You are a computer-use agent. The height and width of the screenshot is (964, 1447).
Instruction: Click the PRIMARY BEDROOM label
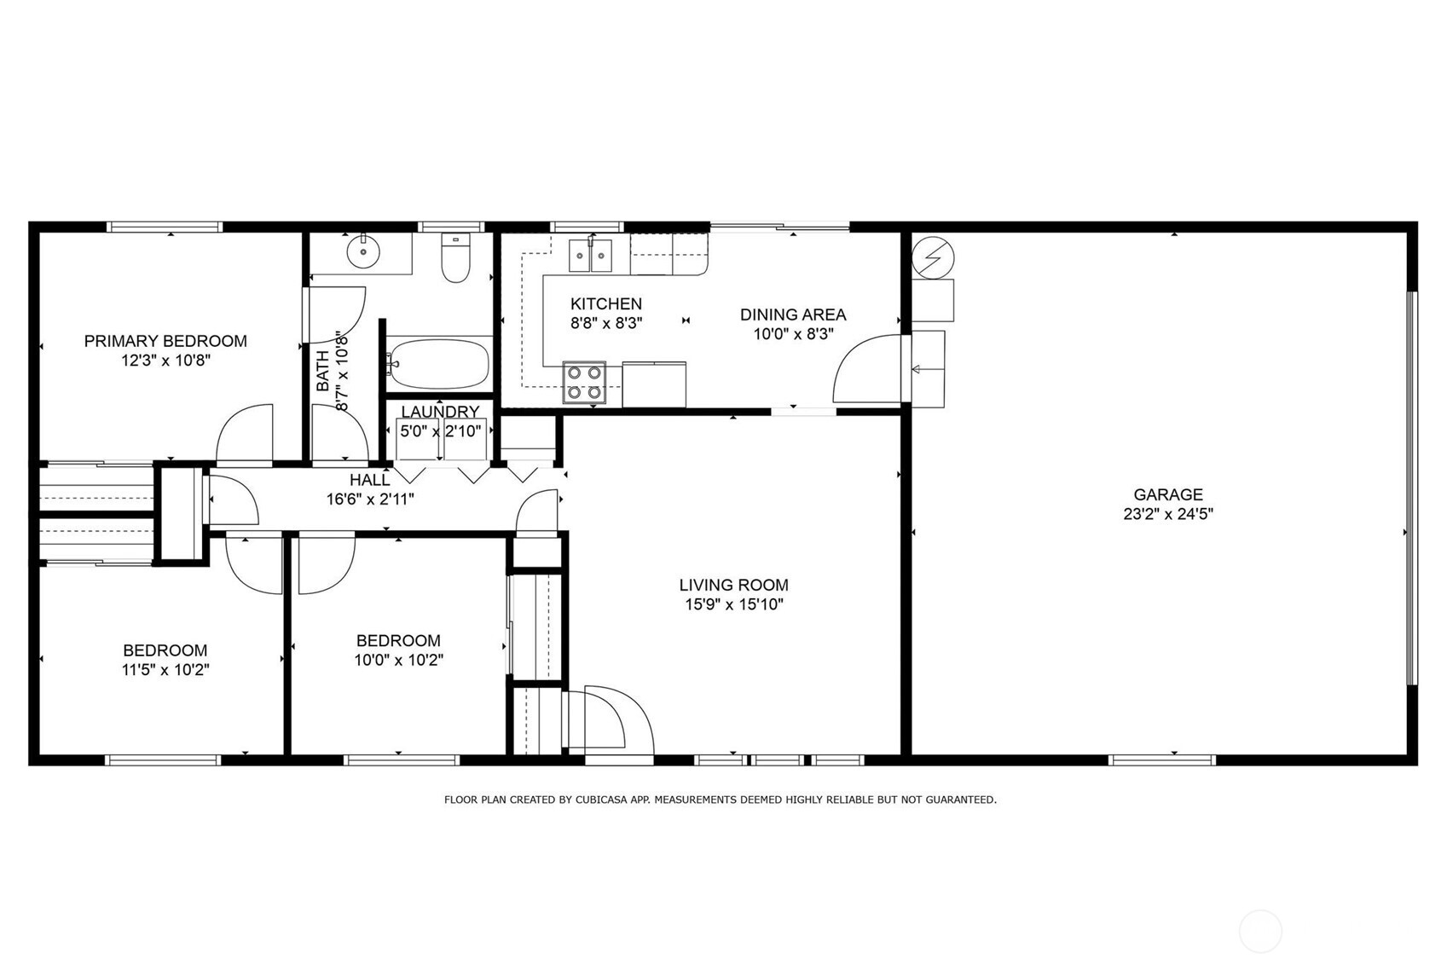(x=165, y=341)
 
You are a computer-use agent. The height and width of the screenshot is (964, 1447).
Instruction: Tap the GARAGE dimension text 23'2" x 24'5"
(x=1168, y=514)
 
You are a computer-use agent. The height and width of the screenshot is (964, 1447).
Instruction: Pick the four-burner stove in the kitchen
(x=584, y=382)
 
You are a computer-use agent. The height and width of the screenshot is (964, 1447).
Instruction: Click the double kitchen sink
(x=590, y=255)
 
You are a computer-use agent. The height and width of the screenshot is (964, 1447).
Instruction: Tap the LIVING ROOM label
(x=733, y=585)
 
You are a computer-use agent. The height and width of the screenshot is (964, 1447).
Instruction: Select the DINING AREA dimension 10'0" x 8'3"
(x=792, y=334)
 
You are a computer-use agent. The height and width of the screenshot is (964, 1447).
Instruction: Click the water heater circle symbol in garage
(x=933, y=257)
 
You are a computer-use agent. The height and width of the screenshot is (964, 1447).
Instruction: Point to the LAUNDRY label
(x=440, y=413)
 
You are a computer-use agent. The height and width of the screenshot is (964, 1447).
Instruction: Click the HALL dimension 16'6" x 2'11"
(x=370, y=499)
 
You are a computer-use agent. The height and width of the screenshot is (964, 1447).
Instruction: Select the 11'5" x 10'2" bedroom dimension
(x=165, y=670)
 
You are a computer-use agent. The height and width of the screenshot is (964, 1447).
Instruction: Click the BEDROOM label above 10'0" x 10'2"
(x=398, y=640)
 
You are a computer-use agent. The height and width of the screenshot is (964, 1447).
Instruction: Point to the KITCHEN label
(x=605, y=303)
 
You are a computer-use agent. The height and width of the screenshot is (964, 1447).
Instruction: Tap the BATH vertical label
(x=323, y=372)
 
